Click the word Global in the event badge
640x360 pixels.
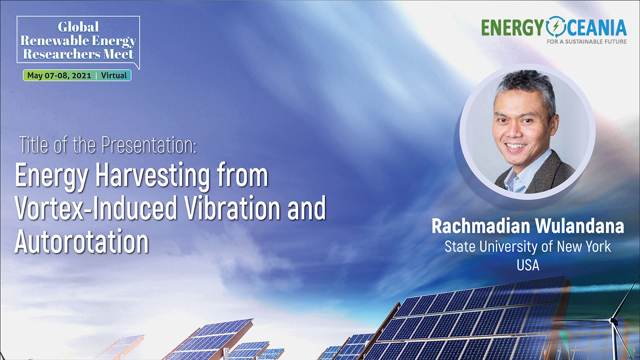click(78, 27)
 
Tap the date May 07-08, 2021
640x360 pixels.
click(59, 76)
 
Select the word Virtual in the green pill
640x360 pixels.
click(114, 76)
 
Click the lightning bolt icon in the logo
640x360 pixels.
click(556, 27)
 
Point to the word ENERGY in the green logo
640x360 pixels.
click(512, 28)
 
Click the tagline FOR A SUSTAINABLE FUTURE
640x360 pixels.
click(586, 42)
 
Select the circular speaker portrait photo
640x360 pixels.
click(528, 132)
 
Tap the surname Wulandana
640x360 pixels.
click(580, 226)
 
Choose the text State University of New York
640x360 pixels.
click(528, 246)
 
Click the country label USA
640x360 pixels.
click(528, 265)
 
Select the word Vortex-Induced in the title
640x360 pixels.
click(96, 208)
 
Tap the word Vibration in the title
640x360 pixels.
click(232, 208)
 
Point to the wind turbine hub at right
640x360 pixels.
click(612, 320)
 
